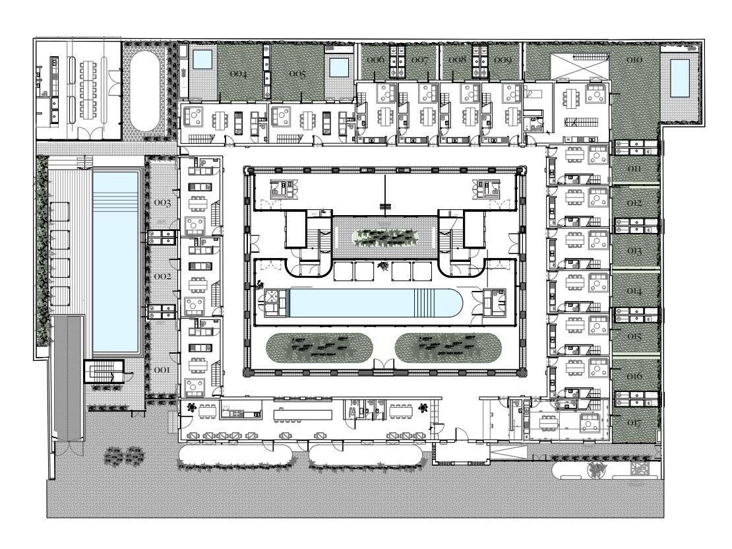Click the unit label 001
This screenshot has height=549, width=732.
162,370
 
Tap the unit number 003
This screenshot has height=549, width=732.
162,203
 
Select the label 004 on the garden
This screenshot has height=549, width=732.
238,74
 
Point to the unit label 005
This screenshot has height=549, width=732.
297,74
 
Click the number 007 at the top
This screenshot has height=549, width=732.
419,60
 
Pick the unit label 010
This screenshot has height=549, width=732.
634,59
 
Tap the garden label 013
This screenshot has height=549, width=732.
634,251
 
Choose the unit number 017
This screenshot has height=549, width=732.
634,423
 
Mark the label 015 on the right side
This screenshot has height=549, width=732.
634,337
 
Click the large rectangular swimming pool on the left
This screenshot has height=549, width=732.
116,262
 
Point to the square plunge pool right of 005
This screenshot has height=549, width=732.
338,68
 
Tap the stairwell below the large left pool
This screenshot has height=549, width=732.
104,371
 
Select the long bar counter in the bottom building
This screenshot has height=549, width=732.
303,415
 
